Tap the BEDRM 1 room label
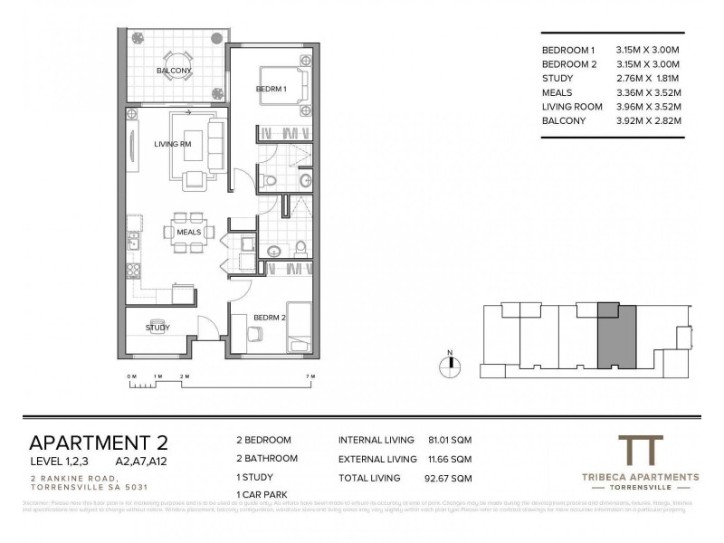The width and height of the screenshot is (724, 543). tap(271, 89)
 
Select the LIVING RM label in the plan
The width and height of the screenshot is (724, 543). tap(173, 143)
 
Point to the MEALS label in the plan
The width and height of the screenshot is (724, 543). tap(189, 233)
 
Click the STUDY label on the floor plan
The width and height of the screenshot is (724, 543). tap(157, 327)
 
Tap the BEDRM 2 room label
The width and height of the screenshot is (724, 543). tap(271, 319)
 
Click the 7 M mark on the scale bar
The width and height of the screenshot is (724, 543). tap(310, 376)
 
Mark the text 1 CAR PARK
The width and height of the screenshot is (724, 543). tap(262, 494)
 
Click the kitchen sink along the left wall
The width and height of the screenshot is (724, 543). tap(133, 240)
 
